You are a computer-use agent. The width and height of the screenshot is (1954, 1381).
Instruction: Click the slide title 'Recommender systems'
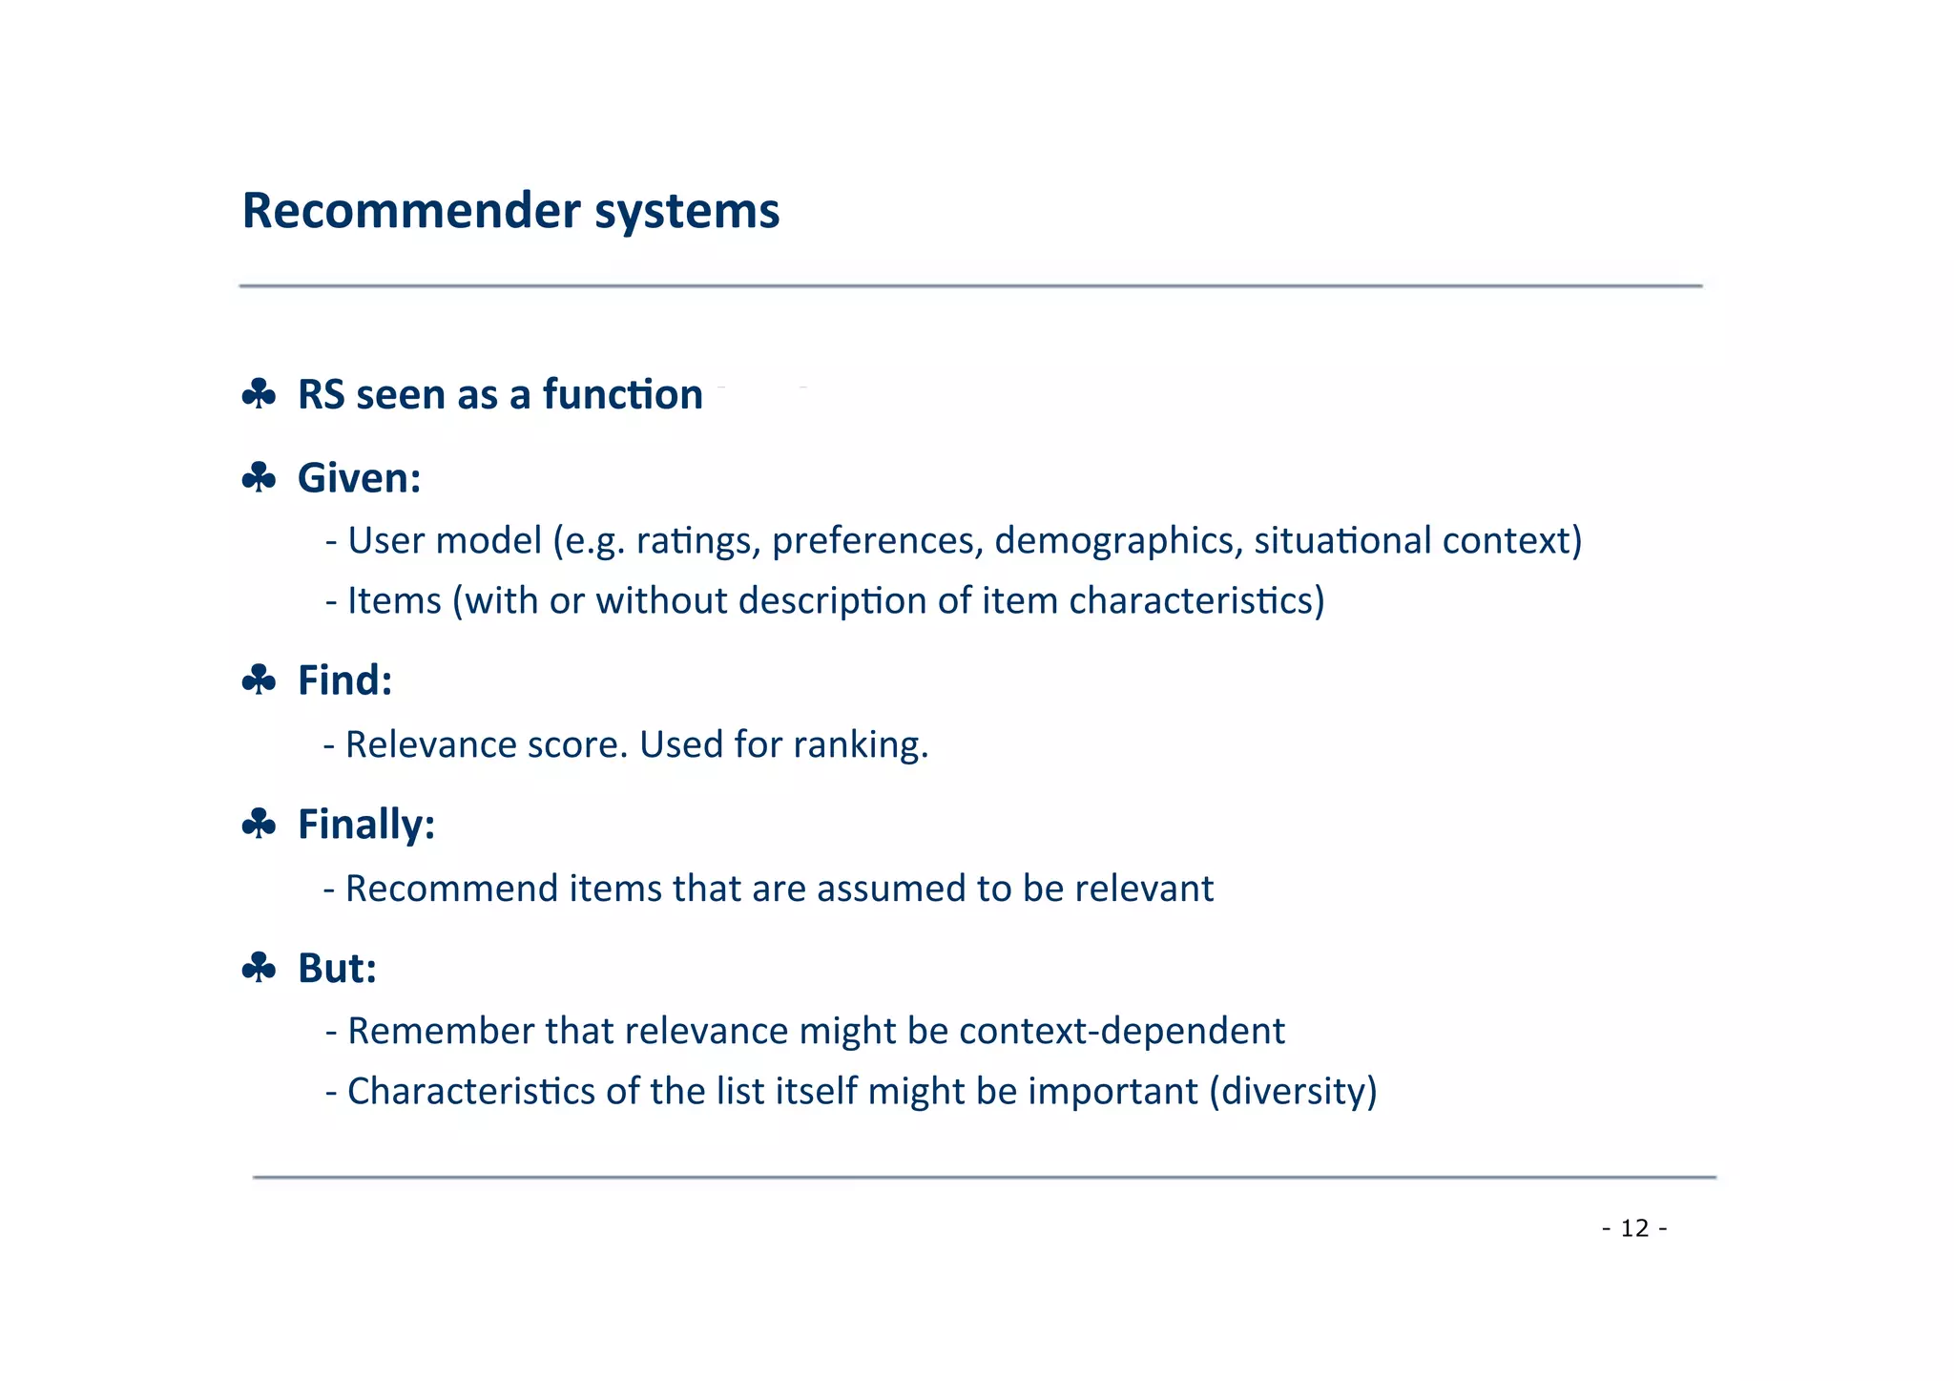pos(510,211)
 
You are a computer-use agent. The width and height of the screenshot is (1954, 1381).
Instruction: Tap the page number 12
pos(1634,1228)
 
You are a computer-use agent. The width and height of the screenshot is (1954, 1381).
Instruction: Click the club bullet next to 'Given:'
pos(259,477)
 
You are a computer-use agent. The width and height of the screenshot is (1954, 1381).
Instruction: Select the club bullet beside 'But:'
pos(259,968)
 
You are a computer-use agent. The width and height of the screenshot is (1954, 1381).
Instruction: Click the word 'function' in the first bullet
pos(622,394)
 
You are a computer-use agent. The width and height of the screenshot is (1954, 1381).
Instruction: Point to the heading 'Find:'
pos(344,680)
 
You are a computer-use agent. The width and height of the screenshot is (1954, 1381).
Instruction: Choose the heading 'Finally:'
pos(366,825)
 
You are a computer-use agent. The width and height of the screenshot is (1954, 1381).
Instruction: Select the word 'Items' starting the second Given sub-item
pos(394,601)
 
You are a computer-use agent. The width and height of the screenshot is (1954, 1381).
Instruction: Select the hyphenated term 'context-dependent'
pos(1122,1032)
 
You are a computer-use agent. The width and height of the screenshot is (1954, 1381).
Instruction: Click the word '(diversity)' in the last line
pos(1293,1092)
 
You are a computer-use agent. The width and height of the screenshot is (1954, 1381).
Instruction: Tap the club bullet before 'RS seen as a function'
pos(259,394)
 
